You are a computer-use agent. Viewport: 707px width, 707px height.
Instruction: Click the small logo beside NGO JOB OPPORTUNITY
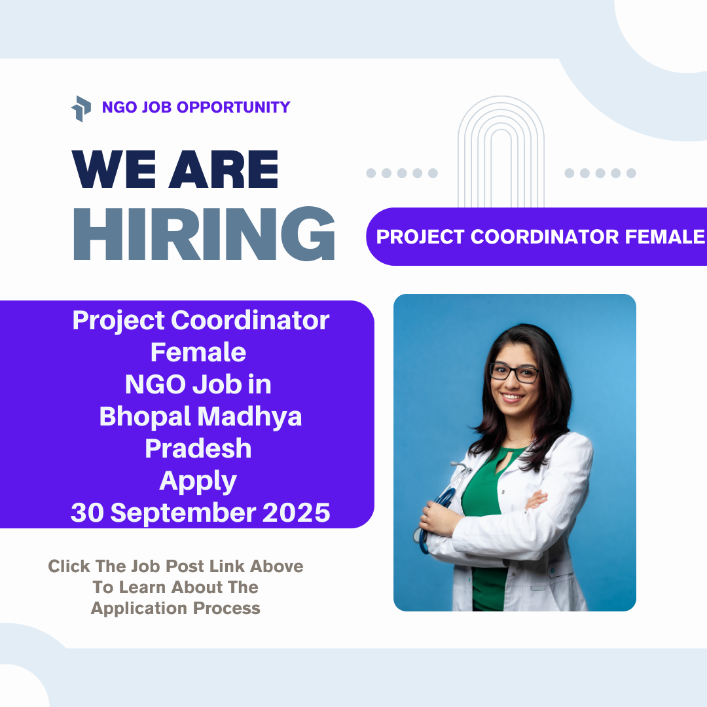coord(81,108)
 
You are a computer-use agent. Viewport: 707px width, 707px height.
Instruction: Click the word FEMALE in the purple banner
coord(664,237)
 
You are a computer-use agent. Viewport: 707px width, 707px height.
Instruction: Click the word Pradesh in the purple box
coord(198,448)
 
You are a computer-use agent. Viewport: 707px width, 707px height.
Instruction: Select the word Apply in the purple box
coord(198,481)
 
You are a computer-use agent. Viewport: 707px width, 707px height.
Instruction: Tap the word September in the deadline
coord(186,513)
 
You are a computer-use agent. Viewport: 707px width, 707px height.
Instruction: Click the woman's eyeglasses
coord(514,373)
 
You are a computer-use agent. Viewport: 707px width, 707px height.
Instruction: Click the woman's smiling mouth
coord(512,397)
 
